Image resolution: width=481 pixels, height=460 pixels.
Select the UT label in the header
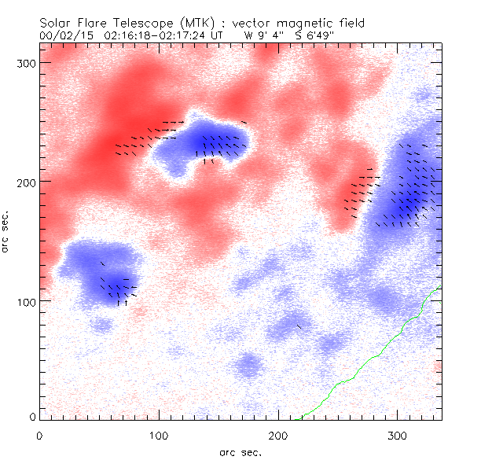click(218, 35)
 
